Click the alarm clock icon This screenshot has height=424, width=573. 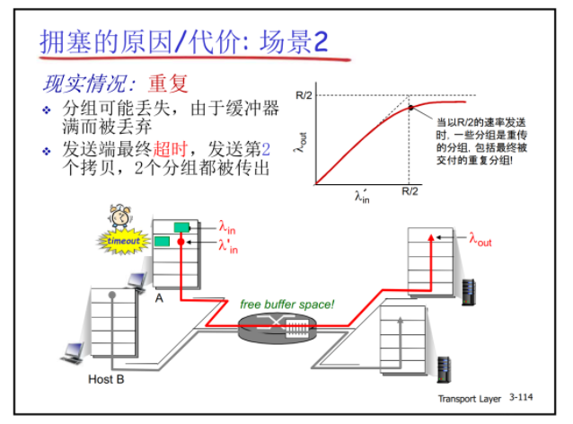click(118, 216)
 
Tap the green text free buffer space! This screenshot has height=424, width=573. click(286, 305)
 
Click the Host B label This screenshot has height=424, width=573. click(106, 380)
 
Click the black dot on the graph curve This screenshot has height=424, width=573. click(410, 108)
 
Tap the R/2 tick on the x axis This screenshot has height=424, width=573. click(410, 191)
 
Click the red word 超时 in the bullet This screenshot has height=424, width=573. click(175, 147)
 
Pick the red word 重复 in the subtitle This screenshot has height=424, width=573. click(168, 84)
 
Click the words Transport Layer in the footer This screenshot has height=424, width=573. click(471, 397)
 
